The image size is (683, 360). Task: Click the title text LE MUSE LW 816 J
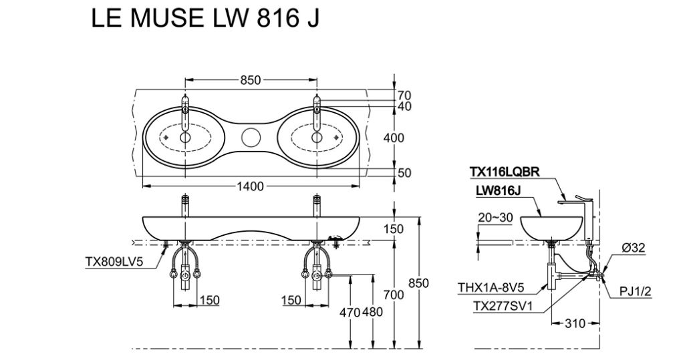coord(204,19)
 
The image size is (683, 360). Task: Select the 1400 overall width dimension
coord(250,186)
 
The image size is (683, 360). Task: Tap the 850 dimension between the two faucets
coord(250,80)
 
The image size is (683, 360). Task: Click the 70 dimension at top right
coord(404,96)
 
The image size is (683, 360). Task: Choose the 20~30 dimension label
coord(495,217)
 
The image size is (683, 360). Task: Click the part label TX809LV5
coord(116,262)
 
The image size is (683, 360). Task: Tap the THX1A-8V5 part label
coord(491,289)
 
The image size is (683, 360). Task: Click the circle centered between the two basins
coord(250,138)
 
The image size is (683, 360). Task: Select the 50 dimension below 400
coord(404,173)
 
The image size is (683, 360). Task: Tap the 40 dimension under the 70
coord(404,106)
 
